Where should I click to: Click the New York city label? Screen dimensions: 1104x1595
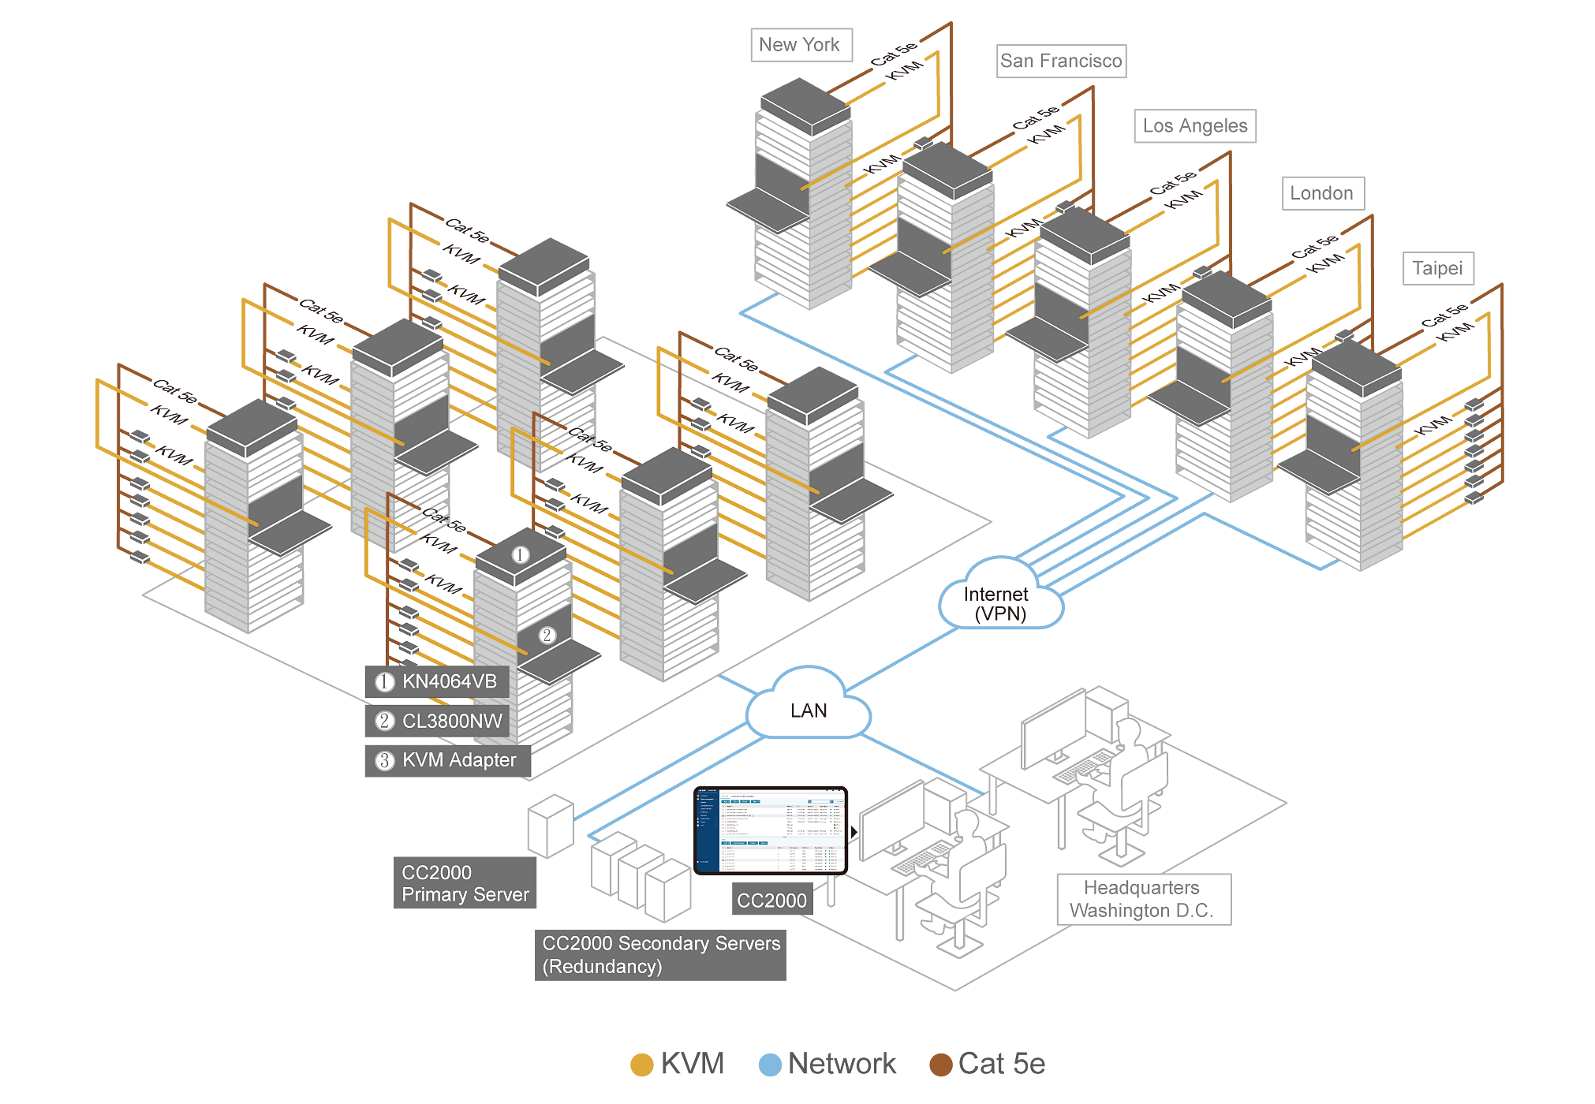pos(799,45)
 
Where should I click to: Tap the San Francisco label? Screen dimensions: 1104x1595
pos(1061,61)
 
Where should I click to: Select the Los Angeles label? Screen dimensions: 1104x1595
pos(1194,125)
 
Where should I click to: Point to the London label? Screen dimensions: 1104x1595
pos(1321,193)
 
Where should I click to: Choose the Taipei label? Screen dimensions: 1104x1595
pos(1437,268)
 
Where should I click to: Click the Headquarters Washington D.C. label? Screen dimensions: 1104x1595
pos(1141,899)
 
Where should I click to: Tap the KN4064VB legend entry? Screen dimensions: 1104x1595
pos(449,681)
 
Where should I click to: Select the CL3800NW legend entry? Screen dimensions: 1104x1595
pos(452,721)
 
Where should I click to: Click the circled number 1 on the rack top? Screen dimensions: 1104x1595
pos(520,554)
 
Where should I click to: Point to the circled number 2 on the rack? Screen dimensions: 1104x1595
pos(547,635)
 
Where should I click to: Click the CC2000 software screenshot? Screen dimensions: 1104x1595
pos(771,831)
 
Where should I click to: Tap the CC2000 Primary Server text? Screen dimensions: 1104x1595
pos(465,883)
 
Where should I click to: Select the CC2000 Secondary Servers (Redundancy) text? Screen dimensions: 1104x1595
pos(661,954)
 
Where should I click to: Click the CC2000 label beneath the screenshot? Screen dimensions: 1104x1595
pos(771,901)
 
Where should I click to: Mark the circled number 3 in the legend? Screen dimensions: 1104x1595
pos(384,760)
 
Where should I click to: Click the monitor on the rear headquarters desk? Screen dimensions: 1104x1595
pos(1055,729)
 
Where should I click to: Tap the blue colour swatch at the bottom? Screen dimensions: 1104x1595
pos(764,1049)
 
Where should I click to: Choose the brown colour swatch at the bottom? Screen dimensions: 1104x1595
pos(934,1049)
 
